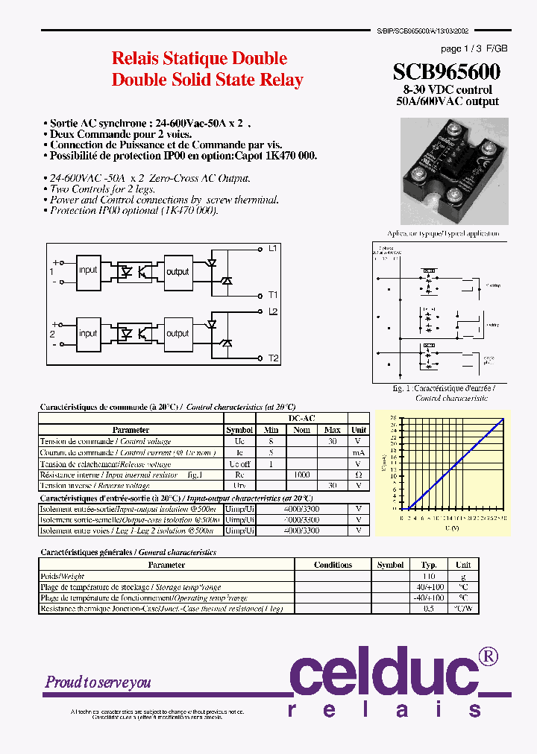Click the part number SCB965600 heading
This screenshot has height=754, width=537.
tap(446, 72)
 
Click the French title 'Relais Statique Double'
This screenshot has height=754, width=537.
tap(199, 58)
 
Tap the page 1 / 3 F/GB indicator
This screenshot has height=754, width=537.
tap(474, 48)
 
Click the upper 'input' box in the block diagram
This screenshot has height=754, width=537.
tap(88, 270)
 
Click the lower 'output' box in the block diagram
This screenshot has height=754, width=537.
tap(178, 334)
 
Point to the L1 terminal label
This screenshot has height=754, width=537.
tap(273, 248)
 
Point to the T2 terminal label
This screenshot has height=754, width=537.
tap(273, 359)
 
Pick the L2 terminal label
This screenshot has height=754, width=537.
tap(273, 311)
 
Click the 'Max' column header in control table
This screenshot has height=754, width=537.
tap(332, 430)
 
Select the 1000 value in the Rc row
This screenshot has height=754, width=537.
tap(301, 475)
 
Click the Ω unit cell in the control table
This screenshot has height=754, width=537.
tap(359, 475)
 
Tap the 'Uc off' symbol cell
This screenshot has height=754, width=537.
tap(239, 463)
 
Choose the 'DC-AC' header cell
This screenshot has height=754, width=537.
tap(301, 419)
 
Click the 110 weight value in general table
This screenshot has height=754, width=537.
tap(428, 576)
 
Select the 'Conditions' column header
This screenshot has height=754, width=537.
tap(333, 565)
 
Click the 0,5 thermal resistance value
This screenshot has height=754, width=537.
tap(428, 609)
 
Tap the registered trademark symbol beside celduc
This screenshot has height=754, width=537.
tap(488, 656)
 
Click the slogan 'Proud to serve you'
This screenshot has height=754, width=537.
tap(98, 682)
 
